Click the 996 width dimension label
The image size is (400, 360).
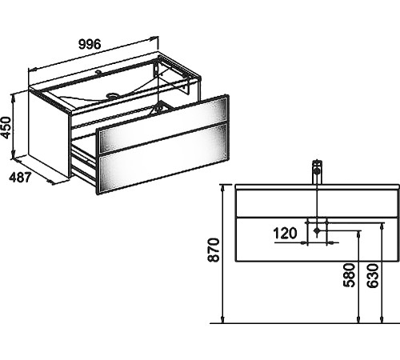coord(90,44)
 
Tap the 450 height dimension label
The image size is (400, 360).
coord(6,128)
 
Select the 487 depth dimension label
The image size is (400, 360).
coord(20,178)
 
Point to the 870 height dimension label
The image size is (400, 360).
coord(214,250)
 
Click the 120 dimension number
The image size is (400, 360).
coord(285,234)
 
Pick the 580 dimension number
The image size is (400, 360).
coord(349,275)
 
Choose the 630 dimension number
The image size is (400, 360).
coord(372,276)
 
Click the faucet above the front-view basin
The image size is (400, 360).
coord(317,172)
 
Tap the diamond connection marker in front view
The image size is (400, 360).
coord(317,230)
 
